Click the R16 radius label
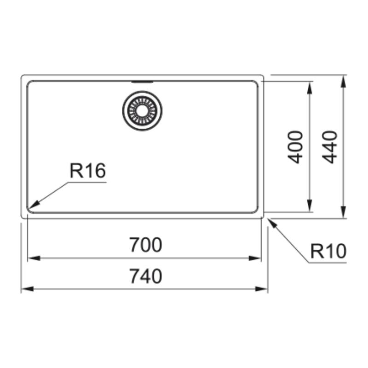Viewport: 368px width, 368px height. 88,171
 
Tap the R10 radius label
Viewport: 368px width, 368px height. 328,251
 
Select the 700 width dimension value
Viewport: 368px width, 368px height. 145,245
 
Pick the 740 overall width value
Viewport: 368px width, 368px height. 145,276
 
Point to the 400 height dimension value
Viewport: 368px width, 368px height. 295,147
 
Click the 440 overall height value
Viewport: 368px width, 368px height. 329,147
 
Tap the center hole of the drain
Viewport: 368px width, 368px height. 142,110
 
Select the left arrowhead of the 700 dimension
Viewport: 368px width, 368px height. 34,259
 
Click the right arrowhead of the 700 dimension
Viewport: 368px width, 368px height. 255,259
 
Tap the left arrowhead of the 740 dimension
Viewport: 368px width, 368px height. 27,289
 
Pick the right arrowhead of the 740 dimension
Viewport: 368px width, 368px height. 261,289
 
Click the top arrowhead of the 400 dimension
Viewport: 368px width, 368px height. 310,87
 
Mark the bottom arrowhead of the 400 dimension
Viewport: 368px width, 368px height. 310,206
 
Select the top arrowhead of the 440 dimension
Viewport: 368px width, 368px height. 343,81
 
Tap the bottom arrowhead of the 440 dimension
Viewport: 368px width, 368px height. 343,212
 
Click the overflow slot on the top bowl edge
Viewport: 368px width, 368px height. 142,82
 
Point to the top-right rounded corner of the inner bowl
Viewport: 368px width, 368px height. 256,83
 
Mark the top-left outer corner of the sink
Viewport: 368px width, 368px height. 22,76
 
